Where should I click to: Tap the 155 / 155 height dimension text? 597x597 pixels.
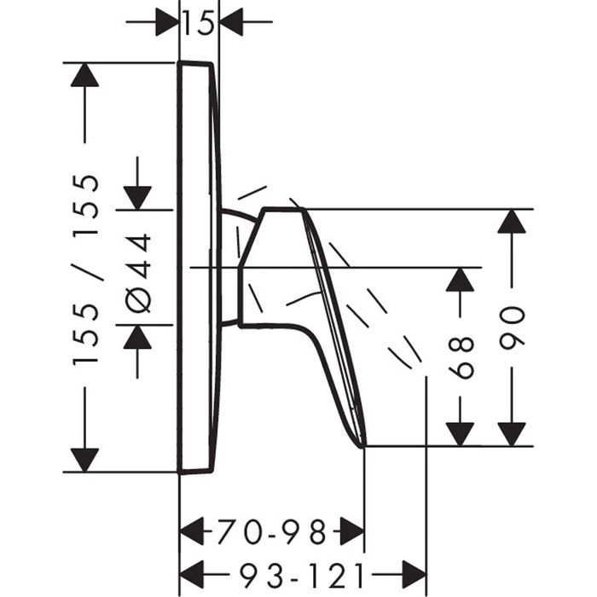point(86,270)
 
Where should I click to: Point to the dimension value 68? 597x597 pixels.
point(461,357)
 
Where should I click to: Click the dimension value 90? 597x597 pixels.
point(512,328)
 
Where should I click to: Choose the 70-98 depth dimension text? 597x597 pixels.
point(271,534)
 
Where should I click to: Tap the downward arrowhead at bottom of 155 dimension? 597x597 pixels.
point(85,459)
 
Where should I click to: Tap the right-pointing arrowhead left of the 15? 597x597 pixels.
point(167,22)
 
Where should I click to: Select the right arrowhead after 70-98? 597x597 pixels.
point(352,534)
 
